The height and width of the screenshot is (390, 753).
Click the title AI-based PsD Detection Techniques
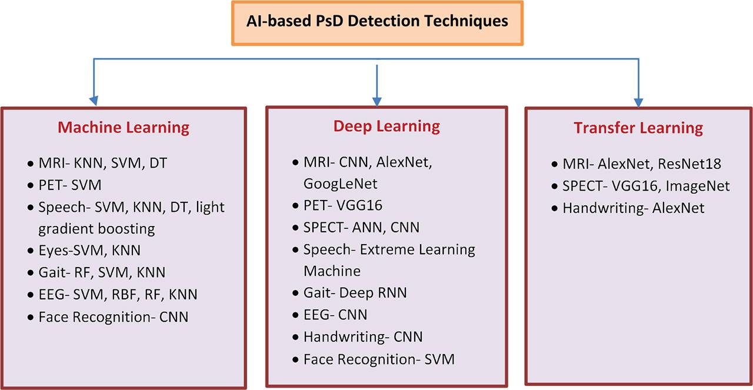(377, 22)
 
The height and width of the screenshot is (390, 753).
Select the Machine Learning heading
(124, 128)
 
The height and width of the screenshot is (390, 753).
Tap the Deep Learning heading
(387, 125)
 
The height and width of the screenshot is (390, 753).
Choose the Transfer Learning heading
(638, 128)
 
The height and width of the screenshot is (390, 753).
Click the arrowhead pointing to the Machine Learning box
(92, 101)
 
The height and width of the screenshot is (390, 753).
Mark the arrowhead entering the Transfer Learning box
(638, 102)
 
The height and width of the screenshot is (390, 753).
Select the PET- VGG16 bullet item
(343, 205)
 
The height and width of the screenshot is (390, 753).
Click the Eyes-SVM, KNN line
(89, 250)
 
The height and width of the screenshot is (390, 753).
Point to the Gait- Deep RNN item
(355, 292)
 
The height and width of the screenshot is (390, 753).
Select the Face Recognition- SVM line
(379, 359)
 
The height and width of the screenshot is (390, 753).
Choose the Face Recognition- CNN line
(114, 316)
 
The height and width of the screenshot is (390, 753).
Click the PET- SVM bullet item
(69, 185)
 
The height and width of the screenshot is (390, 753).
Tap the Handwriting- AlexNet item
(633, 208)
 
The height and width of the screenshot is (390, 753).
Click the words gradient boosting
(96, 228)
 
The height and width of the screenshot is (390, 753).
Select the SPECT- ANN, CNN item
(361, 227)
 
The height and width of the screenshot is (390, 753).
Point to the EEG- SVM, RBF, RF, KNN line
(118, 294)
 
